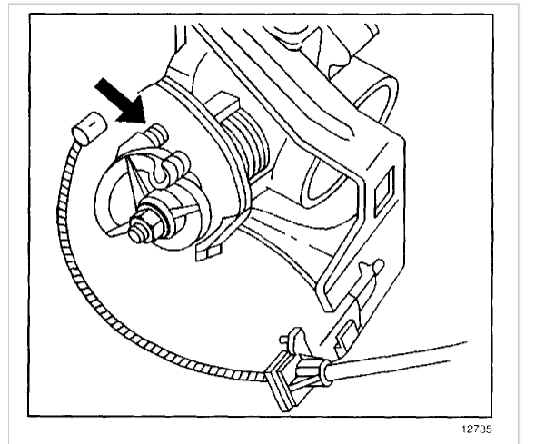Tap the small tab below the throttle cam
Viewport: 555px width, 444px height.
click(210, 248)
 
